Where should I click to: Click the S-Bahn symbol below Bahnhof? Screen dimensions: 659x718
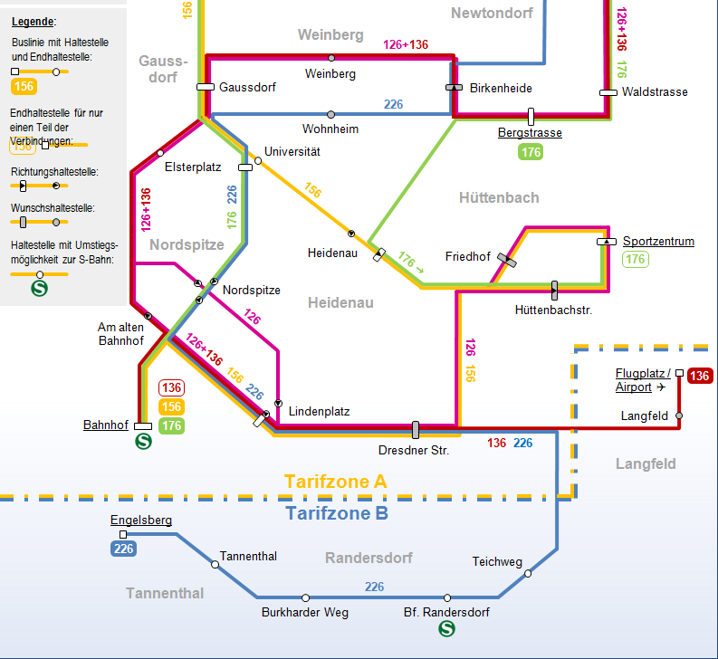click(142, 442)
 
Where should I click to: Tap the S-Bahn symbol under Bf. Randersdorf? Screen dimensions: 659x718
click(445, 627)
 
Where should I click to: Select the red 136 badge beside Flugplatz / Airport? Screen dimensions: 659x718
click(699, 377)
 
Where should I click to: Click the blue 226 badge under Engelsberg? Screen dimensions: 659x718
click(124, 548)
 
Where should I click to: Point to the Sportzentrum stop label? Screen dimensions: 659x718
click(658, 242)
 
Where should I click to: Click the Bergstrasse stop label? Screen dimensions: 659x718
click(530, 133)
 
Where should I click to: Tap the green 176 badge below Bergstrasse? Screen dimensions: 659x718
click(531, 152)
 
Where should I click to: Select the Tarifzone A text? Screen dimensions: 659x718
click(335, 482)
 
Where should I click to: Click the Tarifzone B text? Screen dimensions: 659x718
click(337, 514)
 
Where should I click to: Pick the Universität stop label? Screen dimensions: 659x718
click(292, 152)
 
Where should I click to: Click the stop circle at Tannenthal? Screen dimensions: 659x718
click(215, 564)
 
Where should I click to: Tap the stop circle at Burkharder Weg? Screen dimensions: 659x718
click(305, 597)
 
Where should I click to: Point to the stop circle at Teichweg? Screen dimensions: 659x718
click(528, 572)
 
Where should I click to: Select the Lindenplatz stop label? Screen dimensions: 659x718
click(319, 411)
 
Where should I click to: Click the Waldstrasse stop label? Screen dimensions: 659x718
click(655, 92)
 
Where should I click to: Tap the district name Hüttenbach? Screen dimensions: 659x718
click(498, 197)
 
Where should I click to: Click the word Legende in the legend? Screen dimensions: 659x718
click(34, 21)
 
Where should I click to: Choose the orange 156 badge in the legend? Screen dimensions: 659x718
click(24, 87)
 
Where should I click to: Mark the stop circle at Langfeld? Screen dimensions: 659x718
click(679, 415)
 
